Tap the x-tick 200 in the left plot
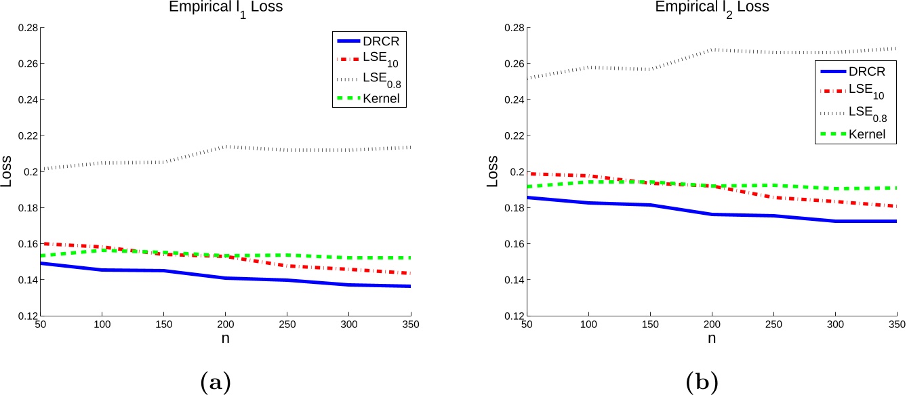230,325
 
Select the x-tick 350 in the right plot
896,325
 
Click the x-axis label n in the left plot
230,339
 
